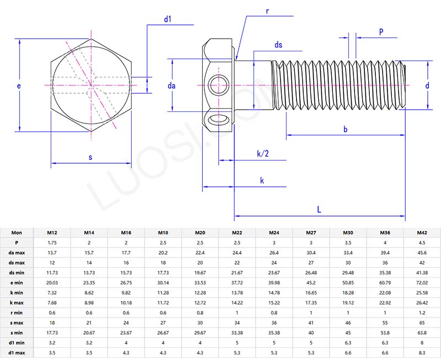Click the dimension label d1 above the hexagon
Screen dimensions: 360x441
[x=168, y=19]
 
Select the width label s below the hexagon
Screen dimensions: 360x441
[x=90, y=158]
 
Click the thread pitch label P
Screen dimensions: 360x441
[x=381, y=33]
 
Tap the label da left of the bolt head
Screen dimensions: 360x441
[x=171, y=85]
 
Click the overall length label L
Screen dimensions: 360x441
[x=319, y=209]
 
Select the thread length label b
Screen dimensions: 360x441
[x=345, y=129]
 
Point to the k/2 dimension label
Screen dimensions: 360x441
[x=263, y=153]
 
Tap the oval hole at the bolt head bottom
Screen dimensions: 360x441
[x=219, y=120]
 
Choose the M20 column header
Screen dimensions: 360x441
[x=200, y=233]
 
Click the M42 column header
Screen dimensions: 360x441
[x=422, y=233]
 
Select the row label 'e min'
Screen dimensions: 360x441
[x=17, y=283]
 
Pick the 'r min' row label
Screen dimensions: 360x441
[x=17, y=313]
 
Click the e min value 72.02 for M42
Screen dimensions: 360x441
[x=422, y=283]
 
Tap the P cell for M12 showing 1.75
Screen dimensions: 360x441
[x=52, y=243]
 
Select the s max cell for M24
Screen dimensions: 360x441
[x=273, y=323]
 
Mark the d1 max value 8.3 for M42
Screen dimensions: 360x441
[x=422, y=352]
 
